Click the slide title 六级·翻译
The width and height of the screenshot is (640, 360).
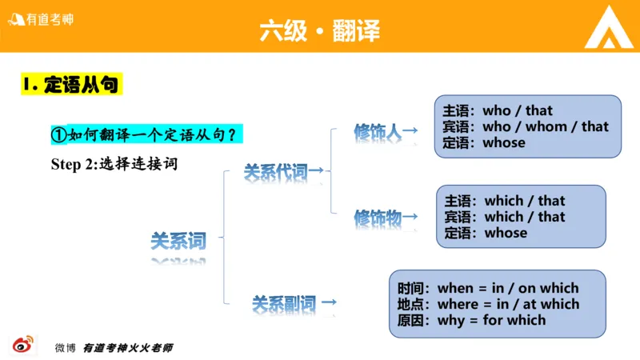(319, 30)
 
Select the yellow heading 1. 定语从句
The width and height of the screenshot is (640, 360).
(72, 84)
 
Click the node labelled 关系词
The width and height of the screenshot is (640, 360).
(178, 240)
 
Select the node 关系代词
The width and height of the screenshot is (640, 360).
(275, 170)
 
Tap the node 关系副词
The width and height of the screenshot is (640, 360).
(284, 304)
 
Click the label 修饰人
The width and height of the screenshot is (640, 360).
(378, 131)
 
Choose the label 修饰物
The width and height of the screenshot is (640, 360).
(378, 217)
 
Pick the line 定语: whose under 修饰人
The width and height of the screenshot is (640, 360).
(484, 142)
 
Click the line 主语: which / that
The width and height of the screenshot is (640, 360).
(504, 201)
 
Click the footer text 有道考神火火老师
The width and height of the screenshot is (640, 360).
(128, 348)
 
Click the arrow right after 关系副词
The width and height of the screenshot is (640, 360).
(328, 304)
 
